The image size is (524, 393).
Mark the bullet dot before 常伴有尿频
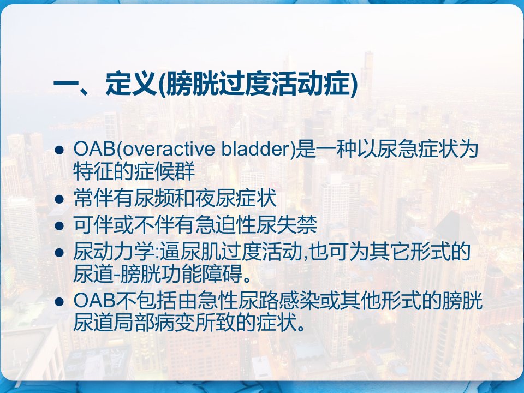[x=59, y=199]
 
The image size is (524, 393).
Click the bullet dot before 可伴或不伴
[x=59, y=225]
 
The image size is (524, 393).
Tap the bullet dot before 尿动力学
[x=59, y=252]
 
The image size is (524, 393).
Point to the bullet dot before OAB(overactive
[x=59, y=150]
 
